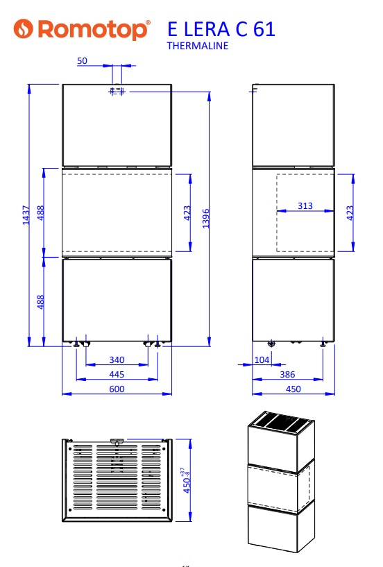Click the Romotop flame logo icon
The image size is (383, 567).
click(x=24, y=28)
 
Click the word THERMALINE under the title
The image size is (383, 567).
click(x=198, y=46)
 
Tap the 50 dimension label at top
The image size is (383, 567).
click(x=82, y=61)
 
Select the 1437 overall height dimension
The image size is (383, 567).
click(x=26, y=215)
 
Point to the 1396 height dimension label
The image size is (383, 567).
click(x=205, y=219)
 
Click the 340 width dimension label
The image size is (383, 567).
click(x=117, y=359)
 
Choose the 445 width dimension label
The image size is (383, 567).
click(x=117, y=374)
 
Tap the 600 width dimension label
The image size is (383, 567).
click(x=117, y=389)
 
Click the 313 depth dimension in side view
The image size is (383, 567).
click(x=305, y=205)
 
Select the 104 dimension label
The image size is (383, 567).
click(x=262, y=359)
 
